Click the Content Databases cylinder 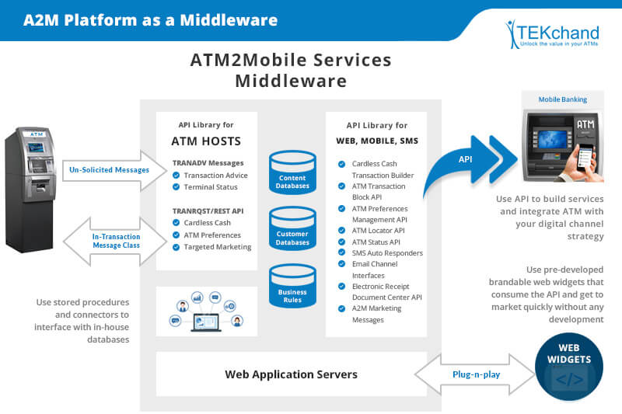292,172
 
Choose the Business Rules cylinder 292,286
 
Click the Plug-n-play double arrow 473,374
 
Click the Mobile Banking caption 563,99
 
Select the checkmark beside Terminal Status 176,187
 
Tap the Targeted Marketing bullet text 217,247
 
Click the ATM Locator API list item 378,231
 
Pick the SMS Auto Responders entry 387,253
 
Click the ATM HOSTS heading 206,141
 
